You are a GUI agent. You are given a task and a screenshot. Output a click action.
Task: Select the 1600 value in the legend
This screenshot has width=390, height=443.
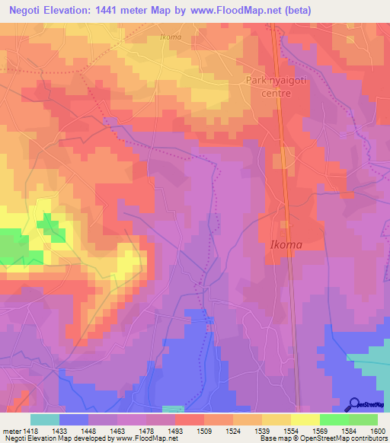coord(377,431)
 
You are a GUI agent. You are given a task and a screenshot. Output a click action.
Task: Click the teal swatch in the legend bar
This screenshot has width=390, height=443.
coord(45,419)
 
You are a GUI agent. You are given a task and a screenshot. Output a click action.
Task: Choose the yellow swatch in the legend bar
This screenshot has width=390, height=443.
coord(305,419)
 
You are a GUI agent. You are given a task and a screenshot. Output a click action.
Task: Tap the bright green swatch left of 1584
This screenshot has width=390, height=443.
coord(334,419)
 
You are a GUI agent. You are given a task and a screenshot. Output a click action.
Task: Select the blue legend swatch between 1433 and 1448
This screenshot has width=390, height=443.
coord(74,419)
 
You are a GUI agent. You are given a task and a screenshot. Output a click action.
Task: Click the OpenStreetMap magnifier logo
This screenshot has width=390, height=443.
coord(354,405)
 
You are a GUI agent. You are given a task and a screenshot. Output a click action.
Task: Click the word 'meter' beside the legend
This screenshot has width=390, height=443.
coord(11,431)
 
